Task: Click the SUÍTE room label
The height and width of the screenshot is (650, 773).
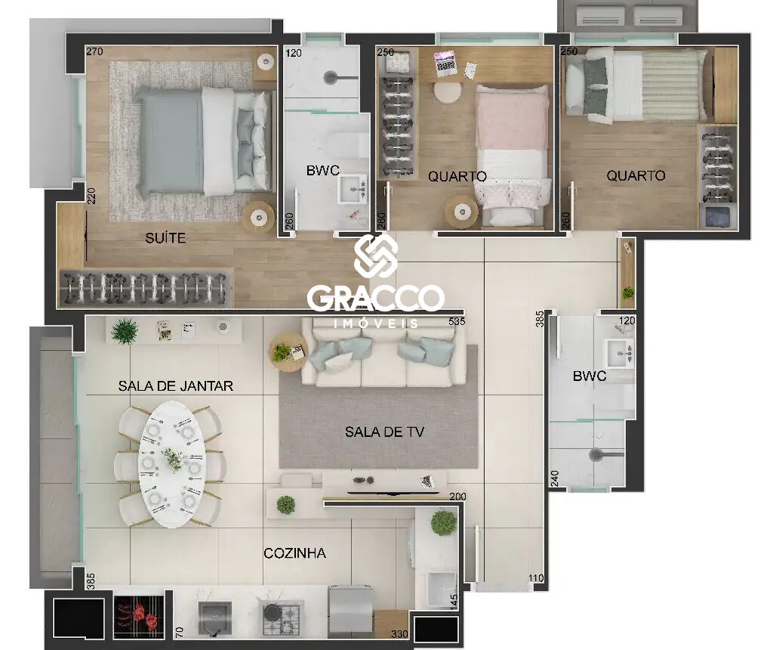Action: pyautogui.click(x=165, y=238)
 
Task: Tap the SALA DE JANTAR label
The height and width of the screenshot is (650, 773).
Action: pyautogui.click(x=175, y=385)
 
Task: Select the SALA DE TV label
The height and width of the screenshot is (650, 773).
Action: pyautogui.click(x=384, y=432)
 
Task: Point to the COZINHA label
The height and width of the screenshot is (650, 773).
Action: pyautogui.click(x=295, y=553)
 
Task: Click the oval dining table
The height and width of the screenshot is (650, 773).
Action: pyautogui.click(x=172, y=464)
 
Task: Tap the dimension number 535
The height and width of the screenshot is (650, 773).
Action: pyautogui.click(x=457, y=321)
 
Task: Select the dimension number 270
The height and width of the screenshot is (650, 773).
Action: pyautogui.click(x=94, y=51)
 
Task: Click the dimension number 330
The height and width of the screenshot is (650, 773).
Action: pyautogui.click(x=399, y=633)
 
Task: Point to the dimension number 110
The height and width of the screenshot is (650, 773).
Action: pyautogui.click(x=536, y=578)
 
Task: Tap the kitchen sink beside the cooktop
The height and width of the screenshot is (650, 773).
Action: pyautogui.click(x=215, y=617)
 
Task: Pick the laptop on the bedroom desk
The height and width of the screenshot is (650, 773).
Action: pyautogui.click(x=445, y=63)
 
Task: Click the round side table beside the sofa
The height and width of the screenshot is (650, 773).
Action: pyautogui.click(x=288, y=352)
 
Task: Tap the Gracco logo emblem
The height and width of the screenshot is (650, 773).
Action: pyautogui.click(x=376, y=255)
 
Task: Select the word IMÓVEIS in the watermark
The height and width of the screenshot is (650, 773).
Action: pyautogui.click(x=376, y=323)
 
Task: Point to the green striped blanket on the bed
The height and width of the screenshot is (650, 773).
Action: pyautogui.click(x=673, y=85)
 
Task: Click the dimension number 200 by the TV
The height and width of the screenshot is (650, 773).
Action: pyautogui.click(x=457, y=497)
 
